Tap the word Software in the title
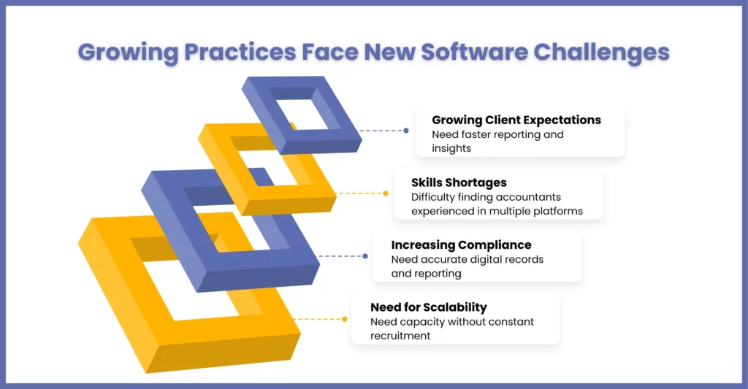coord(474,52)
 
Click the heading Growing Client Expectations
coord(516,120)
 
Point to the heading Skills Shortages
coord(459,182)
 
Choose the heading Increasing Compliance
coord(462,245)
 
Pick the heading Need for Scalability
coord(429,307)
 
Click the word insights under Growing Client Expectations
coord(451,149)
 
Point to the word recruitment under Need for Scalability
coord(400,336)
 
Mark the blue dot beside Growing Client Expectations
coord(406,131)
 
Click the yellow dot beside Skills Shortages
coord(386,193)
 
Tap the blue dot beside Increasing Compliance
coord(365,256)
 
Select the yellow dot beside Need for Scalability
coord(345,319)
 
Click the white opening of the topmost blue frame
coord(303,115)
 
